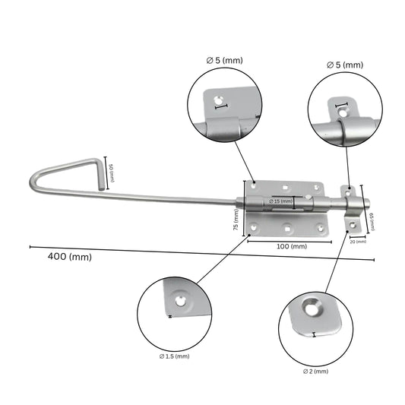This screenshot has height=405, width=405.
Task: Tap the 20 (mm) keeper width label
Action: pos(356,241)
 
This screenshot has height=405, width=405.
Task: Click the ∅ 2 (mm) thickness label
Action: pos(315,372)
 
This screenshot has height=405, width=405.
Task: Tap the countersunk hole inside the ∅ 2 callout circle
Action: pos(311,308)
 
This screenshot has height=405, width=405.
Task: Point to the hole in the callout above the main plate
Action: pos(219,100)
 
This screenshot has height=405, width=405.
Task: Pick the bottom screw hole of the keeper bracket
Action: pos(352,223)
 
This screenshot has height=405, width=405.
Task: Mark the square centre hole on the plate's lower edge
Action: pos(286,226)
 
